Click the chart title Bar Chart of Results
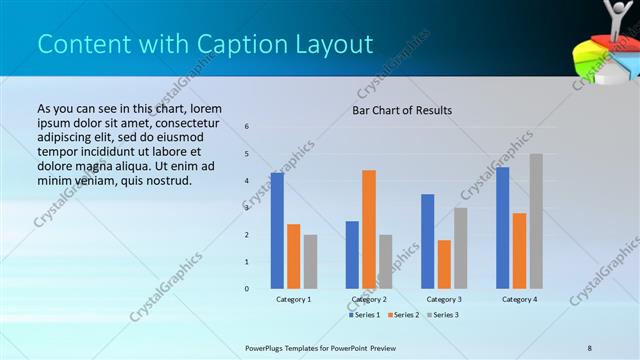(x=402, y=110)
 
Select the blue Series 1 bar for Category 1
(x=277, y=231)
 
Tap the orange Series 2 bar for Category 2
(x=369, y=229)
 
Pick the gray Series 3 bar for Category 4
(x=536, y=221)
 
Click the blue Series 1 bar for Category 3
(x=428, y=241)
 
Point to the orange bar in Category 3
(x=444, y=264)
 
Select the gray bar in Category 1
(x=310, y=262)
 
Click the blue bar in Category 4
(x=503, y=228)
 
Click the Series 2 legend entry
(x=404, y=315)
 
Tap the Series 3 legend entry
(x=443, y=315)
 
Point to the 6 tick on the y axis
(x=247, y=126)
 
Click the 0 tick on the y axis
(x=247, y=289)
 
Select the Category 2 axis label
(x=369, y=299)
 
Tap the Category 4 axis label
(x=519, y=299)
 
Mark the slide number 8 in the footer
(x=590, y=347)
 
